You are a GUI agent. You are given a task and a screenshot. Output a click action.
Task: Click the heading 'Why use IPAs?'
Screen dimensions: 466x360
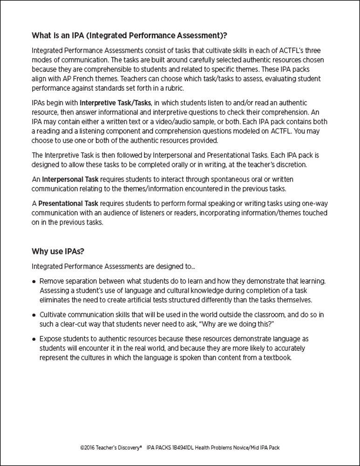[58, 252]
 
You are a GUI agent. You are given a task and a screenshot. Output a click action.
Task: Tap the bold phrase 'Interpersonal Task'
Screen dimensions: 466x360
[70, 179]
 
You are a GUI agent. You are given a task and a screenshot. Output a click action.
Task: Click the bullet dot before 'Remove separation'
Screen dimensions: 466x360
[34, 282]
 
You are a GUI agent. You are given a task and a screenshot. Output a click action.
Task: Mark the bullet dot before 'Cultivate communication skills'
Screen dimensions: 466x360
[34, 314]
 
